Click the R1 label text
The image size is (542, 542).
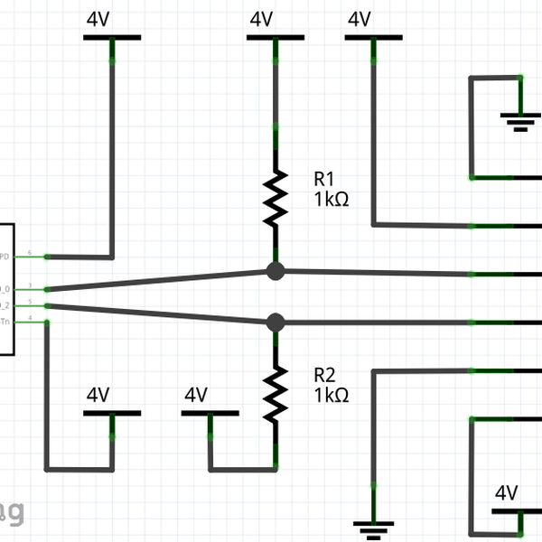tap(324, 178)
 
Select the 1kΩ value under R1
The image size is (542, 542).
tap(332, 199)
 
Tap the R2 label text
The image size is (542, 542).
tap(324, 374)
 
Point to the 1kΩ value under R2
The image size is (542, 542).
tap(332, 395)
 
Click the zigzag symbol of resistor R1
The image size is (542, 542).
tap(276, 199)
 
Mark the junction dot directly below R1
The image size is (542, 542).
tap(276, 270)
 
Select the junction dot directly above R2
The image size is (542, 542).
tap(276, 322)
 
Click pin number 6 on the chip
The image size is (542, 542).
tap(31, 252)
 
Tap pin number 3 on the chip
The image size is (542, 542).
tap(31, 285)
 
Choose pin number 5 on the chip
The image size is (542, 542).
tap(31, 301)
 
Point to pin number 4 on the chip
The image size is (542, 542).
tap(31, 317)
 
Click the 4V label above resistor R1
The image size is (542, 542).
tap(261, 20)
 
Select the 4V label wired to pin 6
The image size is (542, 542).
tap(98, 20)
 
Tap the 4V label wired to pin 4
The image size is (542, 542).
tap(98, 395)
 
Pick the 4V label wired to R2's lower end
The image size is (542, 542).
tap(196, 395)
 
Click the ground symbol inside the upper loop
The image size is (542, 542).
tap(520, 120)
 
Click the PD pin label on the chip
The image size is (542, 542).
tap(5, 257)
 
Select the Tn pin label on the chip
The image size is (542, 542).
tap(5, 322)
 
